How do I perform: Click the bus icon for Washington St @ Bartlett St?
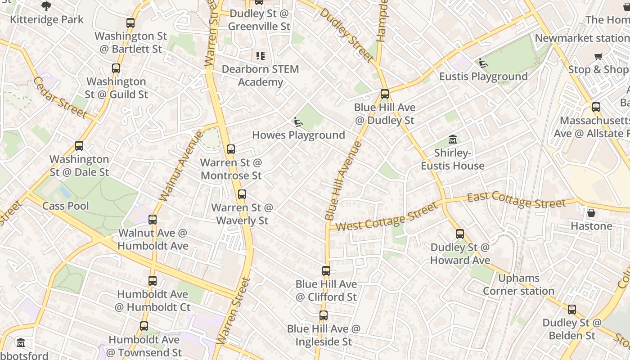click(x=130, y=23)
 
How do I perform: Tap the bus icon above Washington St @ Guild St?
click(x=116, y=69)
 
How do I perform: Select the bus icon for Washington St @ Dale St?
click(x=79, y=146)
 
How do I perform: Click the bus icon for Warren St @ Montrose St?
click(x=231, y=149)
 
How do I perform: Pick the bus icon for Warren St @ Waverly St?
click(x=242, y=194)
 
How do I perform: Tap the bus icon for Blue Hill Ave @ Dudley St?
click(x=384, y=94)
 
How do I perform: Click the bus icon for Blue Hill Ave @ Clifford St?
click(x=326, y=271)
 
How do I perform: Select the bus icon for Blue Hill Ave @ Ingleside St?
click(x=324, y=315)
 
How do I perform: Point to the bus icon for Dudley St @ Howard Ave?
click(x=459, y=234)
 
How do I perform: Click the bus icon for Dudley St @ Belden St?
click(x=572, y=310)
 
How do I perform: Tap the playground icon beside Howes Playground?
click(x=297, y=122)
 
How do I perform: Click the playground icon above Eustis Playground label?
click(x=483, y=63)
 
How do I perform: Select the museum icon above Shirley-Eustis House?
click(x=453, y=139)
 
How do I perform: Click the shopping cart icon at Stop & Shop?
click(x=598, y=56)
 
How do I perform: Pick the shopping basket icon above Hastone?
click(x=591, y=212)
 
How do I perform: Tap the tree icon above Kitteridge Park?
click(x=46, y=6)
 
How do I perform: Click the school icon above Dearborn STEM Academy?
click(x=261, y=56)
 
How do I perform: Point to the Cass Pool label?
click(x=66, y=206)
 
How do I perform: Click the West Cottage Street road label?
click(x=386, y=217)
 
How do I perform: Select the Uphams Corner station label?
click(x=518, y=284)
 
